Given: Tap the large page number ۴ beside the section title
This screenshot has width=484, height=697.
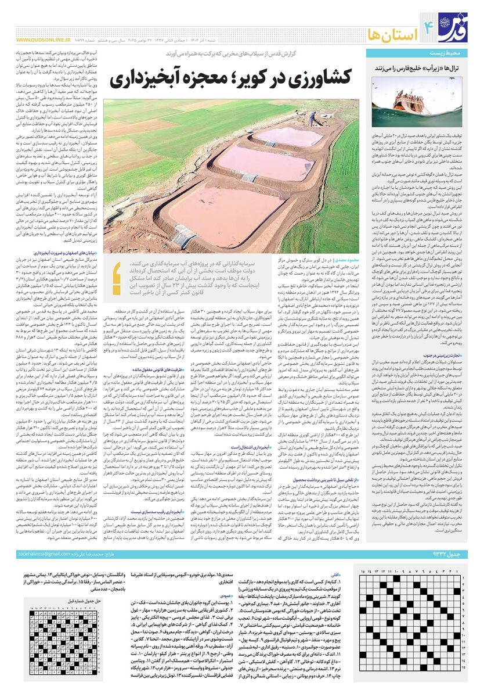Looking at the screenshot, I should pyautogui.click(x=429, y=24).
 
